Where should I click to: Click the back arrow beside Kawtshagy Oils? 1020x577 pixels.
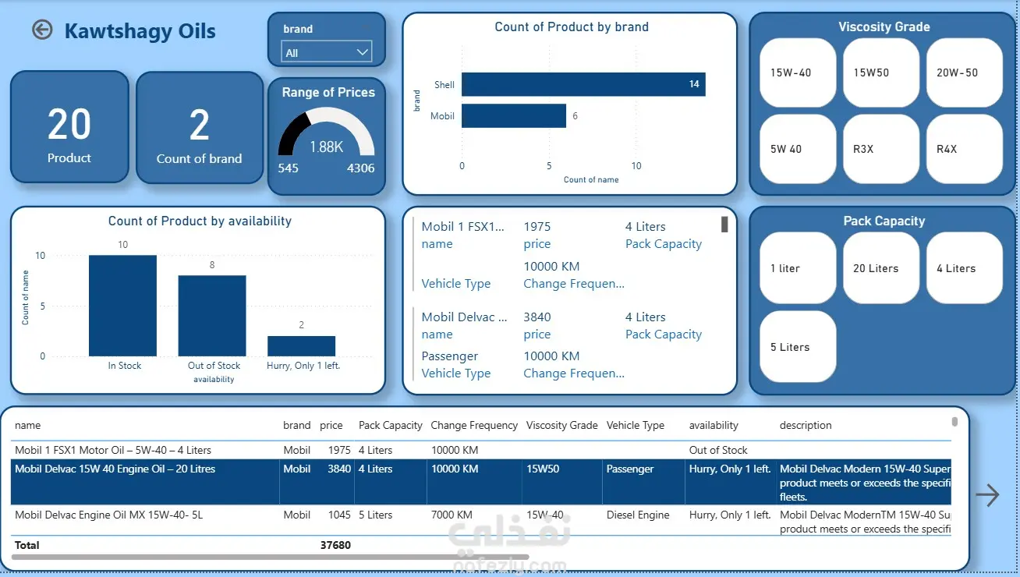pyautogui.click(x=42, y=30)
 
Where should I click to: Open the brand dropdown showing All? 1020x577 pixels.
pyautogui.click(x=327, y=53)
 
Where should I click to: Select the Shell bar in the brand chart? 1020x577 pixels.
pyautogui.click(x=583, y=84)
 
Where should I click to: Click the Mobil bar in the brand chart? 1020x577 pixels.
pyautogui.click(x=514, y=116)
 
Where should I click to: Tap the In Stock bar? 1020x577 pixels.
pyautogui.click(x=122, y=306)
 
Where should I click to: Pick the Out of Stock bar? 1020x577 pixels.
pyautogui.click(x=212, y=316)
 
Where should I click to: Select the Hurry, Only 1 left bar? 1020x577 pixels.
pyautogui.click(x=302, y=346)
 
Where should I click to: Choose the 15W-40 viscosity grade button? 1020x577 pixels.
pyautogui.click(x=798, y=73)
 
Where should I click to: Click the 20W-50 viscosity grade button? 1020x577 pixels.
pyautogui.click(x=964, y=73)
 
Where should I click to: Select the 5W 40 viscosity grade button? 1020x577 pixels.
pyautogui.click(x=798, y=149)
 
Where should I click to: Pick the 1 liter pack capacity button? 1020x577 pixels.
pyautogui.click(x=798, y=268)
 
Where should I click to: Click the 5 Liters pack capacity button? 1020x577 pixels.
pyautogui.click(x=798, y=347)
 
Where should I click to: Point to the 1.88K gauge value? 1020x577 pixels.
pyautogui.click(x=326, y=147)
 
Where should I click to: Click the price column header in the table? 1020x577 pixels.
pyautogui.click(x=331, y=426)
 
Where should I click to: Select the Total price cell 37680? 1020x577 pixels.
pyautogui.click(x=335, y=545)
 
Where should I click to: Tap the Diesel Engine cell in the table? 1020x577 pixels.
pyautogui.click(x=638, y=515)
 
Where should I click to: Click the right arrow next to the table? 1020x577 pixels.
pyautogui.click(x=987, y=495)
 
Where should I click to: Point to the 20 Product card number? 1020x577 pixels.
pyautogui.click(x=69, y=125)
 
